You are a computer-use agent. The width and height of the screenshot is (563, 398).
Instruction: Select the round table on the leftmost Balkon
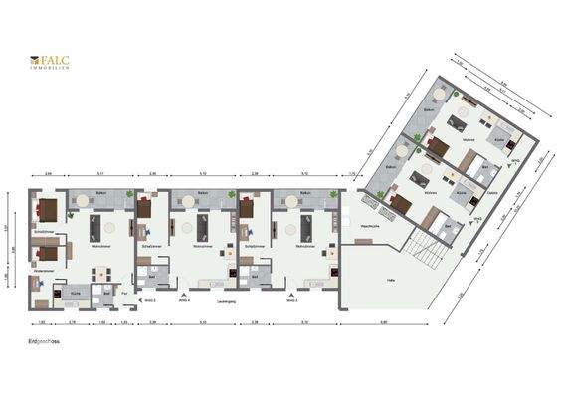click(x=82, y=200)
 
